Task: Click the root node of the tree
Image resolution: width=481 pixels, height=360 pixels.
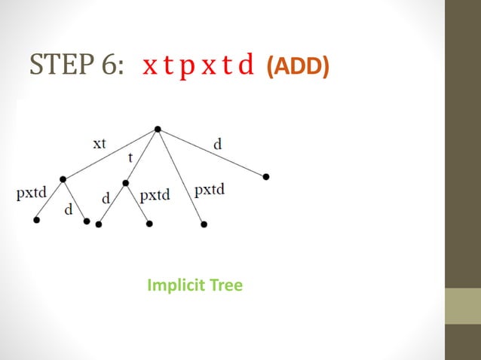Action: click(158, 129)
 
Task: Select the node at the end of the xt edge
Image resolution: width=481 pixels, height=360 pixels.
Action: click(63, 178)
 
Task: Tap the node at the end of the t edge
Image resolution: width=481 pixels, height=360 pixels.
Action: click(126, 183)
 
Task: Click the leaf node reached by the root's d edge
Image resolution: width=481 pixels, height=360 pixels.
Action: click(266, 177)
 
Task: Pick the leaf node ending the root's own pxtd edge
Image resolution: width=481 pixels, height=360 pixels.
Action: click(204, 224)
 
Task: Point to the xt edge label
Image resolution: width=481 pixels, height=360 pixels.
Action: click(100, 143)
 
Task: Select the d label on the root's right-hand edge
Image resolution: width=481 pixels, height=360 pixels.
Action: click(218, 143)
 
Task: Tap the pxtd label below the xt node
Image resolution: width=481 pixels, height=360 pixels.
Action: click(32, 193)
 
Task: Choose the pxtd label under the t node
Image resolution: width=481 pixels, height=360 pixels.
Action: click(155, 195)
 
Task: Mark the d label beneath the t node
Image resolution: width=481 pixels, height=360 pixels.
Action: click(106, 198)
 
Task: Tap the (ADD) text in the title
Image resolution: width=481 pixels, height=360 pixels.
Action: click(298, 67)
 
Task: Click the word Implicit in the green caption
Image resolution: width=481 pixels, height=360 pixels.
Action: click(173, 285)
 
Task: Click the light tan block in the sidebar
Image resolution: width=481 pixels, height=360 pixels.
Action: click(463, 306)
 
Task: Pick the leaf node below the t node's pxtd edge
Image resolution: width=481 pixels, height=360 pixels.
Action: click(149, 224)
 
